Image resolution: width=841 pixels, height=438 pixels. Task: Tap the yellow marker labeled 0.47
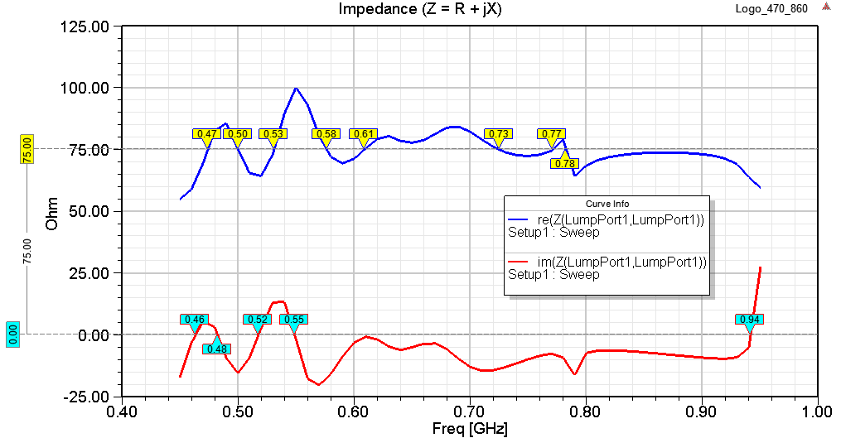point(205,134)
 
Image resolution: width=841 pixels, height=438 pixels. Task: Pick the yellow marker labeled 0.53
point(273,134)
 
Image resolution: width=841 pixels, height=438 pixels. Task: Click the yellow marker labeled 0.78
point(564,163)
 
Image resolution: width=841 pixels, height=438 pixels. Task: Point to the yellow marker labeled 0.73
point(498,134)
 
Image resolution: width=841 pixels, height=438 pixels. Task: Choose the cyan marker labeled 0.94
point(749,320)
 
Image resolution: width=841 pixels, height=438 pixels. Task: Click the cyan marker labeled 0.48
point(216,349)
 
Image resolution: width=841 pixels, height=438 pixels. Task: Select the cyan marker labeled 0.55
point(293,320)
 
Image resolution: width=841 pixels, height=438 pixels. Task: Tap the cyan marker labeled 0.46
point(195,320)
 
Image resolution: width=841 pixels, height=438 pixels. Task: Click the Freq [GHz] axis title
point(470,429)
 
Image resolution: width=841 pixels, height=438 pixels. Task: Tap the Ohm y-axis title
point(51,213)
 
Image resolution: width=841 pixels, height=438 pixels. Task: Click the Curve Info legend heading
point(607,204)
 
